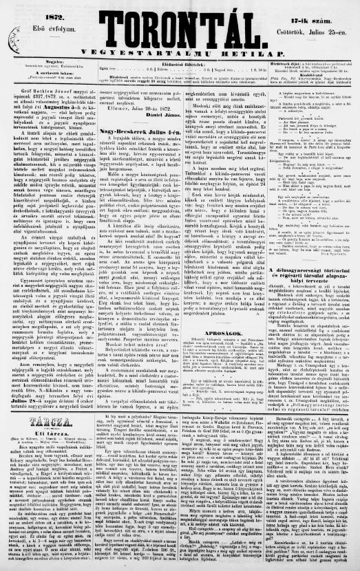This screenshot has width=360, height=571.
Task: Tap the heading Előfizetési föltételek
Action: coord(181,63)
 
